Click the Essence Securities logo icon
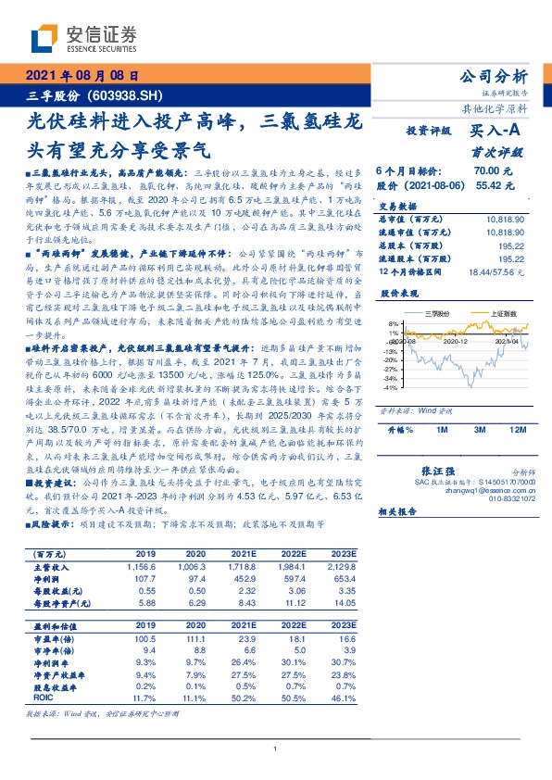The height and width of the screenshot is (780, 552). (x=44, y=40)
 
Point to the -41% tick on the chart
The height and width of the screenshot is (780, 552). (x=391, y=387)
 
